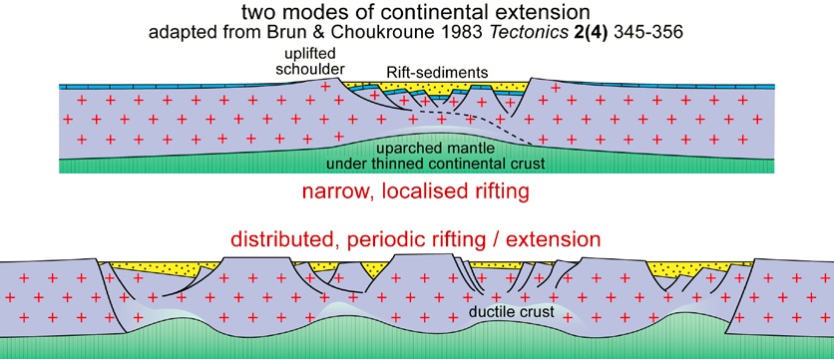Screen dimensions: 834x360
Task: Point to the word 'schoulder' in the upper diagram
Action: [x=308, y=71]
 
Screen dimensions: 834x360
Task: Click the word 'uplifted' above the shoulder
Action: [x=307, y=57]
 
